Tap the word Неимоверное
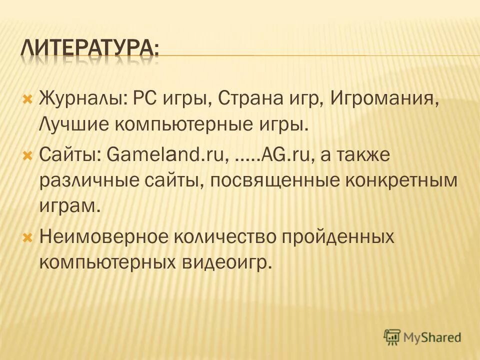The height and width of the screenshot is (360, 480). point(99,236)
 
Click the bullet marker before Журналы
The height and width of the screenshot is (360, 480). point(28,95)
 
